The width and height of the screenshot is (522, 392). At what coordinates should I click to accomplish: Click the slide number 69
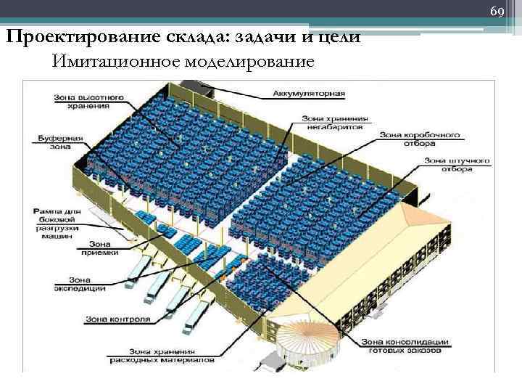pos(497,12)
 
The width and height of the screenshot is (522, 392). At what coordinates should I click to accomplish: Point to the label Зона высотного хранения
pos(81,102)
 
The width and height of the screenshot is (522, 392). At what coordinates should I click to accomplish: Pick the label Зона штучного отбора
pos(457,164)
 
